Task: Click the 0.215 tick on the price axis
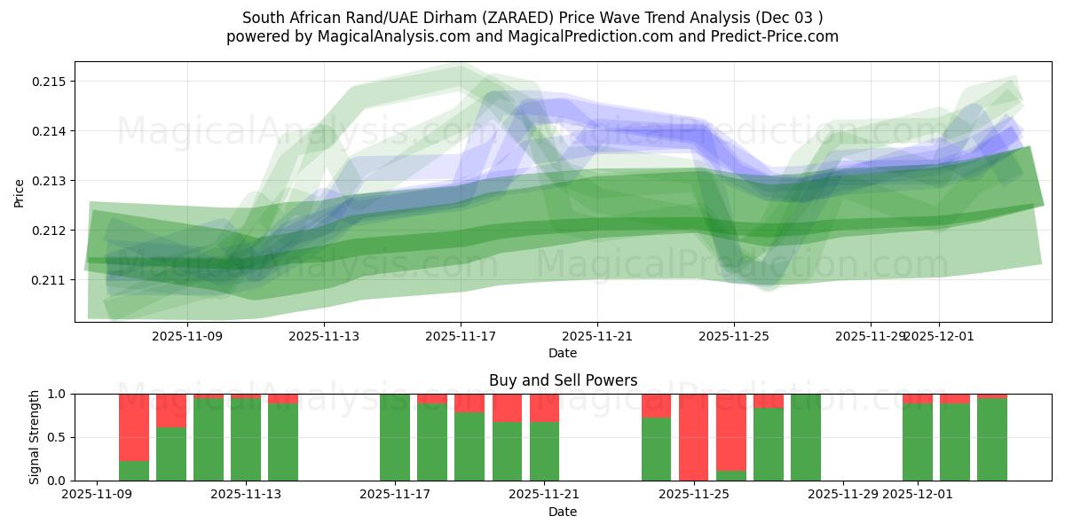[51, 82]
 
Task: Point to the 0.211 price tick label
[51, 280]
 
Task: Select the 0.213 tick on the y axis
[51, 181]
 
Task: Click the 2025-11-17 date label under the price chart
[461, 337]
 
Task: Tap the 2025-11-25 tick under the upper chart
[734, 337]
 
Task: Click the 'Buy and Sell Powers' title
[563, 380]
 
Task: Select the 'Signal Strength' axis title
[35, 437]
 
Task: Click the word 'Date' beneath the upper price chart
[563, 353]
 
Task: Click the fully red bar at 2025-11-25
[694, 437]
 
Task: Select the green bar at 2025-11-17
[395, 437]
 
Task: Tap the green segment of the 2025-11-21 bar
[544, 451]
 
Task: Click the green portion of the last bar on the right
[992, 440]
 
